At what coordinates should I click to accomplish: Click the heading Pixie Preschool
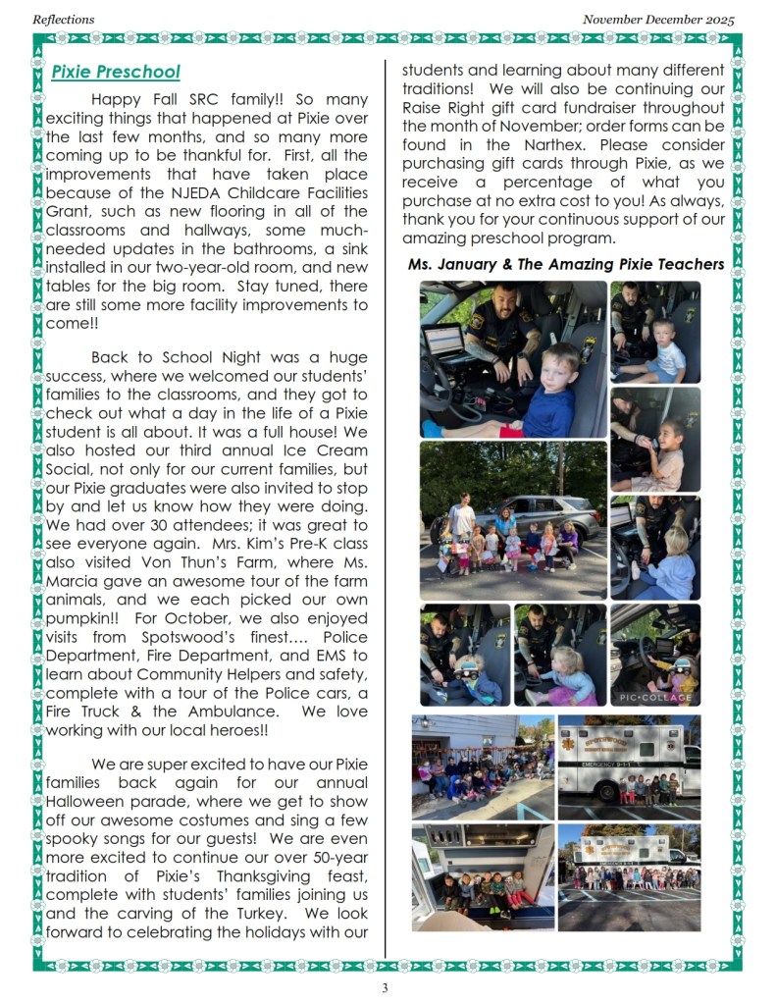(116, 72)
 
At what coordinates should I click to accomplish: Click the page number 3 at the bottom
(386, 987)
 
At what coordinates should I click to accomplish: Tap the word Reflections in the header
(64, 19)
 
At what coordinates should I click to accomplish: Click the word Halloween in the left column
(89, 801)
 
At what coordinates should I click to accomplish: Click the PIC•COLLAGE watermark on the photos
(655, 697)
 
